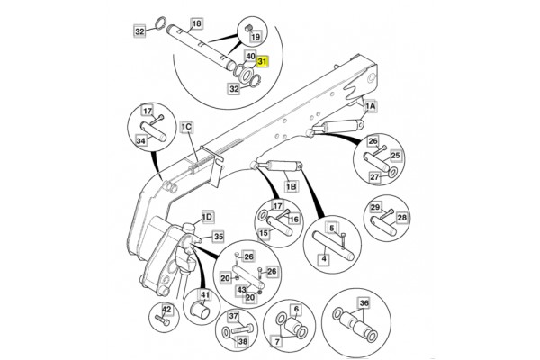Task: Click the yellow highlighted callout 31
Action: pyautogui.click(x=262, y=62)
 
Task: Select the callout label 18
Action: pyautogui.click(x=197, y=22)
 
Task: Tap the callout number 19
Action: pyautogui.click(x=255, y=36)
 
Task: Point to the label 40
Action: pyautogui.click(x=250, y=56)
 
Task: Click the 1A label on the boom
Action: pyautogui.click(x=370, y=105)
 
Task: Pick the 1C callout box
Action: pyautogui.click(x=186, y=126)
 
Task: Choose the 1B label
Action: pyautogui.click(x=291, y=186)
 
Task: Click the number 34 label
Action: pyautogui.click(x=141, y=139)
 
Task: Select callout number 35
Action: pyautogui.click(x=218, y=237)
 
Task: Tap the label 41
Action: pyautogui.click(x=205, y=294)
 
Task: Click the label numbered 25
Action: pyautogui.click(x=394, y=156)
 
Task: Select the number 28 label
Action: pyautogui.click(x=401, y=218)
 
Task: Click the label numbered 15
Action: pyautogui.click(x=264, y=233)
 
